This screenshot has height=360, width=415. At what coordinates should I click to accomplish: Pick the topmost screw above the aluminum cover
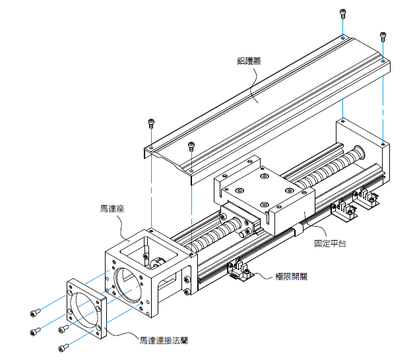342,13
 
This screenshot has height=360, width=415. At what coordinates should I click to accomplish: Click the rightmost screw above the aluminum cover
381,35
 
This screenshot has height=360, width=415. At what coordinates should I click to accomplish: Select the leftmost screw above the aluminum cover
151,123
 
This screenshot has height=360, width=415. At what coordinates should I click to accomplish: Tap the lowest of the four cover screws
191,145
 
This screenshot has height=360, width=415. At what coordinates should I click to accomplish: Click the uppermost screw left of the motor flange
35,311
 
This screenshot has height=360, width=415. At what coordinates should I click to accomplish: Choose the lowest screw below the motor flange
63,347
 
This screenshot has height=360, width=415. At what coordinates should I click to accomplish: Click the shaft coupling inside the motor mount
158,264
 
